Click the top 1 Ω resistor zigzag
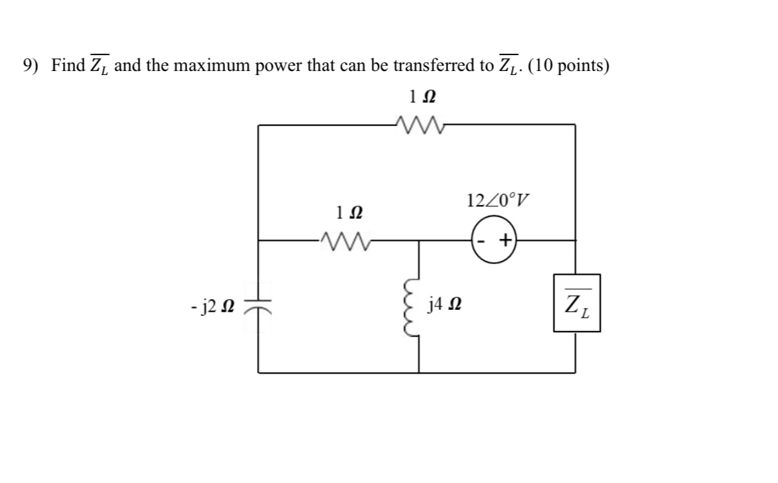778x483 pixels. [416, 123]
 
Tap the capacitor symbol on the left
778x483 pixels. [259, 306]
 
